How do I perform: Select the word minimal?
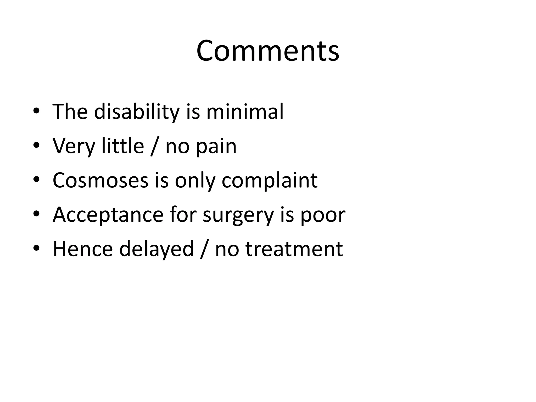click(245, 112)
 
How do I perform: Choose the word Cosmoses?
click(100, 180)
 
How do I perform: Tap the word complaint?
click(270, 181)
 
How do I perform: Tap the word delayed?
click(157, 249)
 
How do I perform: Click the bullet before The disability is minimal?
click(36, 111)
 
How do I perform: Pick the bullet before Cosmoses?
click(36, 180)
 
